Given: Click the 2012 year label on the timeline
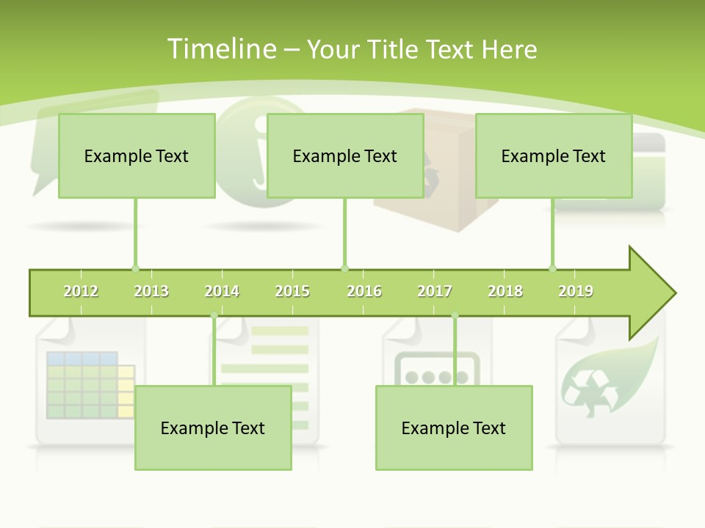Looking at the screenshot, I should (x=81, y=291).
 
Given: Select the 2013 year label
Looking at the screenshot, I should (x=151, y=291).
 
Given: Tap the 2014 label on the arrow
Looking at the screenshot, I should (x=222, y=291).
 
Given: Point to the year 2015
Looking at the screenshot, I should (x=292, y=291).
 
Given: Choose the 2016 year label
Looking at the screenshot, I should (x=364, y=291).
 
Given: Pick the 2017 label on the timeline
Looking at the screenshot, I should (x=435, y=291).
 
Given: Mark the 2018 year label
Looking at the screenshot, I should (x=505, y=291).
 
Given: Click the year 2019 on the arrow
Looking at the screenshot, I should (x=576, y=291).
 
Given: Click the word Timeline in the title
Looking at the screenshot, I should (x=220, y=49).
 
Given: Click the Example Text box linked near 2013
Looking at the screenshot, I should (x=137, y=155).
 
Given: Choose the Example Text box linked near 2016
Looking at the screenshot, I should (x=345, y=155).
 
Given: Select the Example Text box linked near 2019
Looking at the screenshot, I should (x=554, y=155).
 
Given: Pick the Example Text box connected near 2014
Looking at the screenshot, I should (x=213, y=428).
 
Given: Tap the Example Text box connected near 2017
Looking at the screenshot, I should (x=454, y=428).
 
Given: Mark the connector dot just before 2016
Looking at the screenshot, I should (x=345, y=268).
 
